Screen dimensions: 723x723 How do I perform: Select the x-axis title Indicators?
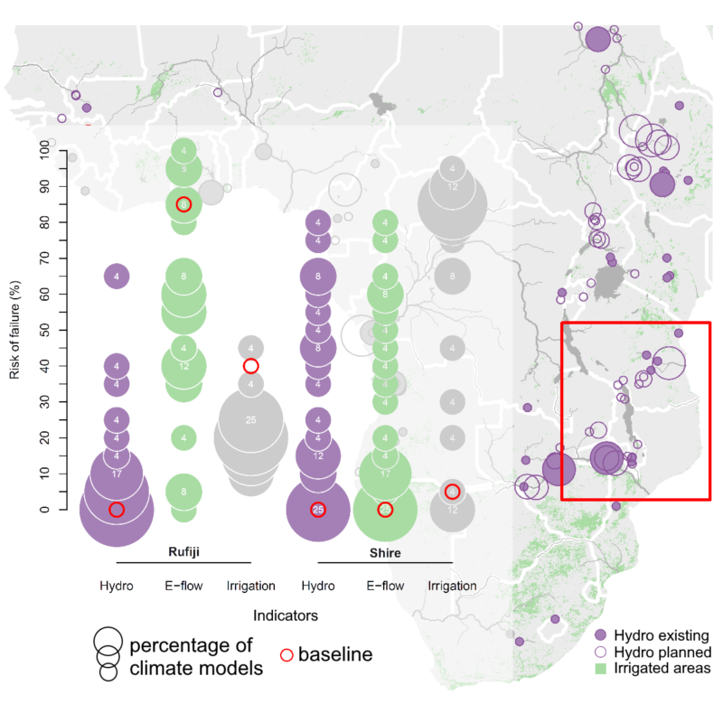pos(285,615)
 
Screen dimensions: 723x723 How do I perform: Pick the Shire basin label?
pos(384,551)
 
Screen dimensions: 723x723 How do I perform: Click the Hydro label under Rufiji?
pos(117,586)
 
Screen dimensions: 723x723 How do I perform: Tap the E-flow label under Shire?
pos(384,586)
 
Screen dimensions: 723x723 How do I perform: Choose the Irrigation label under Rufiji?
pos(250,586)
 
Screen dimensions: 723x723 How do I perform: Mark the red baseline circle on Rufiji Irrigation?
pos(251,365)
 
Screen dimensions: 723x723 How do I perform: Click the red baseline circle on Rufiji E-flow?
pos(183,204)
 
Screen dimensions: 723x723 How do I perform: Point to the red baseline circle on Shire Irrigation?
pos(452,492)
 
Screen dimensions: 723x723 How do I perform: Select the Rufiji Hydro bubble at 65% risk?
pos(117,276)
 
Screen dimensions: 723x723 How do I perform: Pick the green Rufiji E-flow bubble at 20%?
pos(183,437)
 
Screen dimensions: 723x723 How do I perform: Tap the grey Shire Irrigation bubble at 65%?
pos(452,276)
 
